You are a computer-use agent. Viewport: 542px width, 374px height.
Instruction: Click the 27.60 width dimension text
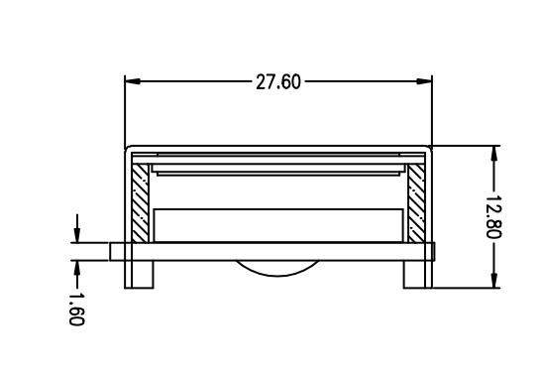coord(278,82)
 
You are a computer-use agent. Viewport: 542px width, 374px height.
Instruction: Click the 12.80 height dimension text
coord(493,217)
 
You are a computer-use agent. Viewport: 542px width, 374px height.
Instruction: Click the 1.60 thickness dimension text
coord(76,310)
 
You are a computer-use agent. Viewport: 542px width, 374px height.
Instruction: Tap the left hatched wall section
coord(141,203)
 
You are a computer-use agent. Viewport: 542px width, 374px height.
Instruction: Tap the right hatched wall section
coord(416,203)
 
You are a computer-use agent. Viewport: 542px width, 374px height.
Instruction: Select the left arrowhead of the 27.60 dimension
coord(133,81)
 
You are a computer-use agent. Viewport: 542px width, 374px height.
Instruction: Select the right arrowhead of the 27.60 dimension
coord(424,81)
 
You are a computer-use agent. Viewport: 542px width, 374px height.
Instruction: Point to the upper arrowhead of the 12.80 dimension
coord(494,154)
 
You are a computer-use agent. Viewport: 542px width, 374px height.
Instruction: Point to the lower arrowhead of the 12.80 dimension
coord(494,280)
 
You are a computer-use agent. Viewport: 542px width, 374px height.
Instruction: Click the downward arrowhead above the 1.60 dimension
coord(77,235)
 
